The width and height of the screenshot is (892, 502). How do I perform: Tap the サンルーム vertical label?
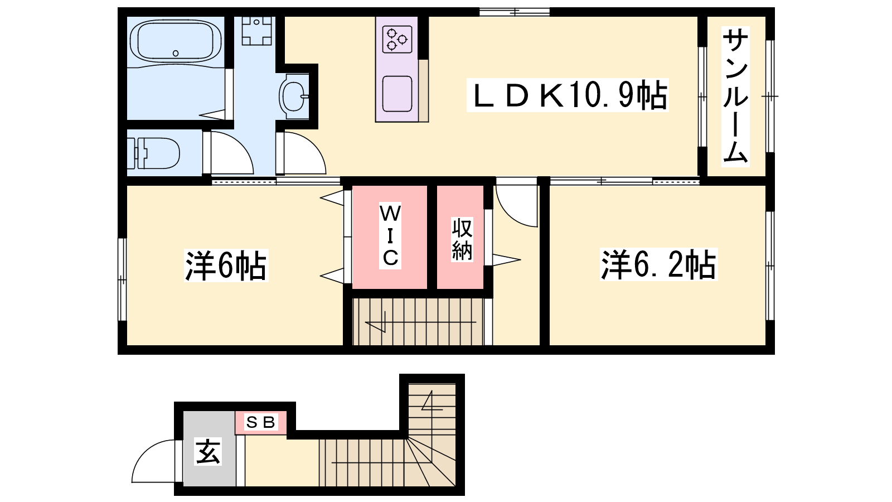pyautogui.click(x=735, y=97)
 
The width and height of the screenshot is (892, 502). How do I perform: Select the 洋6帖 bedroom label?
pyautogui.click(x=226, y=266)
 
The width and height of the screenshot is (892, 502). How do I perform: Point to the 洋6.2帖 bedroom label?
pyautogui.click(x=658, y=264)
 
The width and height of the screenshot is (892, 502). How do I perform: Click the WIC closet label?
pyautogui.click(x=390, y=235)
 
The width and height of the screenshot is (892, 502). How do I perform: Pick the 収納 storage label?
pyautogui.click(x=462, y=239)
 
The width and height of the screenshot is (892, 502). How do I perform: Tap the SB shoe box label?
pyautogui.click(x=260, y=422)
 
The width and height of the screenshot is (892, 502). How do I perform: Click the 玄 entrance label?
pyautogui.click(x=208, y=451)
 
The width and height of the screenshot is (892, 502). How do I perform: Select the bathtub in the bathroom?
pyautogui.click(x=176, y=41)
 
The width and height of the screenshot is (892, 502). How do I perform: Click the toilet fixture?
pyautogui.click(x=153, y=153)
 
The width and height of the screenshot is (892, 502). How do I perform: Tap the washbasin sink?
pyautogui.click(x=294, y=96)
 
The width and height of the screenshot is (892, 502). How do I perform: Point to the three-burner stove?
pyautogui.click(x=397, y=39)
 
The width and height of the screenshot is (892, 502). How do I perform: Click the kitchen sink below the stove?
pyautogui.click(x=397, y=94)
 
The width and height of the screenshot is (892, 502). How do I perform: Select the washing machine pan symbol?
pyautogui.click(x=257, y=30)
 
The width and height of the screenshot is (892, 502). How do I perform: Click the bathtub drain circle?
pyautogui.click(x=176, y=53)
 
